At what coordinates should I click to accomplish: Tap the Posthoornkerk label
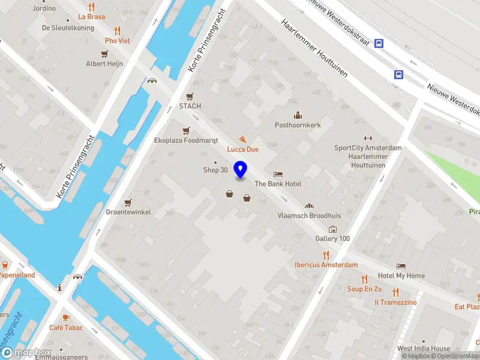(298, 125)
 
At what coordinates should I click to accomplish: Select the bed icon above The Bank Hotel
(278, 174)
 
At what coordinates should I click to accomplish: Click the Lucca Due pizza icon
(242, 139)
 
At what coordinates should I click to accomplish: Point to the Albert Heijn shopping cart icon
(104, 53)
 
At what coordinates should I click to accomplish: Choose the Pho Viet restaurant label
(117, 41)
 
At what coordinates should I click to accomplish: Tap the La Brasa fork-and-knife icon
(91, 7)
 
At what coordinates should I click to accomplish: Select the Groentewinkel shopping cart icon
(128, 202)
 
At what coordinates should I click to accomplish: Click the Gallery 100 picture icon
(332, 229)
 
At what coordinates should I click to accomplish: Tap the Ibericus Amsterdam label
(326, 265)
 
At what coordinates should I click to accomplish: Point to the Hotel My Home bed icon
(401, 266)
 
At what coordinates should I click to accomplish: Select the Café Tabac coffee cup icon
(66, 317)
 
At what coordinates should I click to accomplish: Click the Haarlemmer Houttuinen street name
(315, 49)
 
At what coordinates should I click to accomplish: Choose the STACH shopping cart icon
(190, 96)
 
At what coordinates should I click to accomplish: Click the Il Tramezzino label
(395, 302)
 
